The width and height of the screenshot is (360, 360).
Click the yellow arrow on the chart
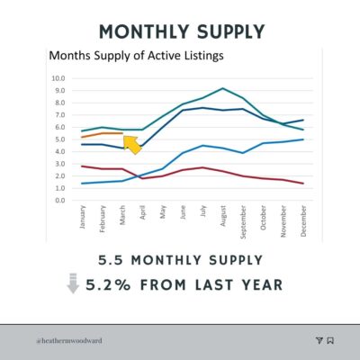132,145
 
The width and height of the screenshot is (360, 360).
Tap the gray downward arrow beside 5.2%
73,283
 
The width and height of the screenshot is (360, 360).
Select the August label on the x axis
223,216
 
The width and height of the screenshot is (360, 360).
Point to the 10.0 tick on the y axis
58,78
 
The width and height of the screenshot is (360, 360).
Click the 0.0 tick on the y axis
60,201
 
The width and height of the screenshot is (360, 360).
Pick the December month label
303,220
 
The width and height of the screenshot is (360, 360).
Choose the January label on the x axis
83,217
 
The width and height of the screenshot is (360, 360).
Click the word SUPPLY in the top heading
231,31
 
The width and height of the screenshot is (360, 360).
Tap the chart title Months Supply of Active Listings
136,56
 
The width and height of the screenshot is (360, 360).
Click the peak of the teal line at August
222,88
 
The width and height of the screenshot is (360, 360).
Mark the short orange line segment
103,134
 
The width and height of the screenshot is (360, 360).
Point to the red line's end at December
303,184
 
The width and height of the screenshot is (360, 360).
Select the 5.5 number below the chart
111,260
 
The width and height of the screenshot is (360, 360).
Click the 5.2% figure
108,284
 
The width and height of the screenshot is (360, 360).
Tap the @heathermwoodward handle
69,341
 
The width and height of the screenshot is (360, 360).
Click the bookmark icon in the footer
330,340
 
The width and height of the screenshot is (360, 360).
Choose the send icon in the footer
319,340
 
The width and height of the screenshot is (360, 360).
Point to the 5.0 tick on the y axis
60,139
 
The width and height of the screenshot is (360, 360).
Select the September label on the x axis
243,222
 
